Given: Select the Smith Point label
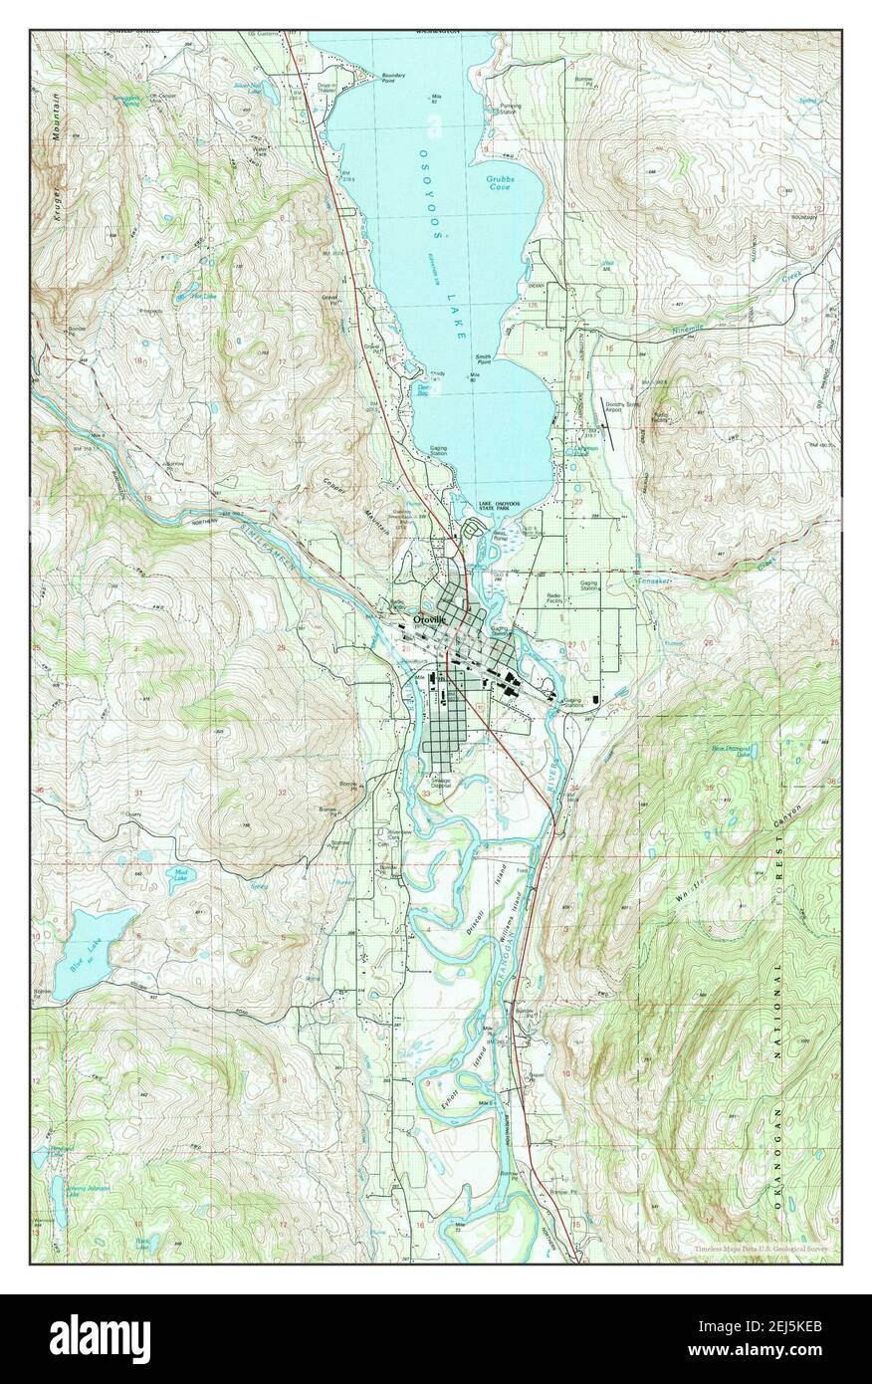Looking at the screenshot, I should click(x=483, y=359).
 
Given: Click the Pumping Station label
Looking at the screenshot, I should click(x=509, y=109).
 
